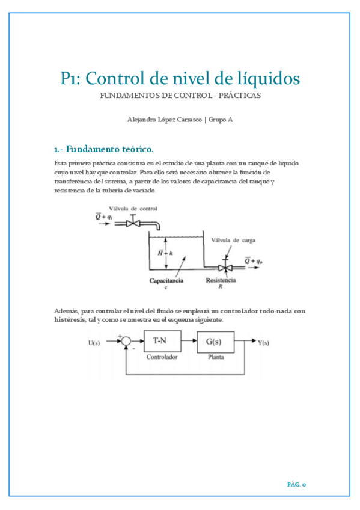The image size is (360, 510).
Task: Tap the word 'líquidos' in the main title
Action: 267,78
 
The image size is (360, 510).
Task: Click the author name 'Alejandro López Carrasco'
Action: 165,119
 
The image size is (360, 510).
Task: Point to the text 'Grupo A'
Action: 221,119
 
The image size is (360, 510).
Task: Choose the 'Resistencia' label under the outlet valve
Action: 221,280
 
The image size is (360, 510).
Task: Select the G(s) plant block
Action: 213,342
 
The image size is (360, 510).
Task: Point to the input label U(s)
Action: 96,343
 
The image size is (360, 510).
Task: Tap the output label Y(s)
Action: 263,343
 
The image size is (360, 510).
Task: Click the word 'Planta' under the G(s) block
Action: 213,356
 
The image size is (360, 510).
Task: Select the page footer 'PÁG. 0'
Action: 296,483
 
